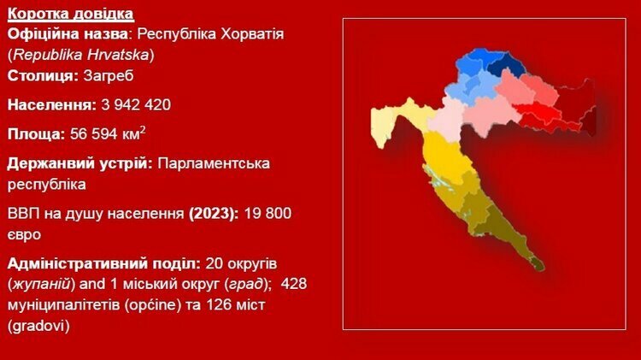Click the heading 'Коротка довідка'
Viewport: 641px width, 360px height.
[x=70, y=14]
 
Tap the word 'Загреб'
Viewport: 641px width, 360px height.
[x=109, y=76]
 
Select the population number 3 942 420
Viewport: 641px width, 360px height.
[x=136, y=104]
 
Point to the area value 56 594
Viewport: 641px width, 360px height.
[x=94, y=134]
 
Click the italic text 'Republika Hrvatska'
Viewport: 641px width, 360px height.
[x=81, y=55]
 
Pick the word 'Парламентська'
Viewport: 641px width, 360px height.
[x=214, y=163]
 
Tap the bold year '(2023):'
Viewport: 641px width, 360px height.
[x=214, y=214]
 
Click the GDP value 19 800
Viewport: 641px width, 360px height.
[x=268, y=214]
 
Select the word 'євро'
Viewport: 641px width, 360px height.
[x=24, y=235]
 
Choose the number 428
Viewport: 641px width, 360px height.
[x=294, y=284]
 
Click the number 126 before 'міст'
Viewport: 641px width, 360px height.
[x=219, y=304]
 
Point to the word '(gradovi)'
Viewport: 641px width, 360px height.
[x=38, y=326]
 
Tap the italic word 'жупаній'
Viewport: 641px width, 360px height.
[x=41, y=284]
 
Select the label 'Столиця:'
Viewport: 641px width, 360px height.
[x=43, y=76]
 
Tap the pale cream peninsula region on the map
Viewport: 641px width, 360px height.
[x=382, y=125]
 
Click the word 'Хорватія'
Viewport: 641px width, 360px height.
[x=252, y=33]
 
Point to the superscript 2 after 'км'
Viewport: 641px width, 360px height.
[x=143, y=130]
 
